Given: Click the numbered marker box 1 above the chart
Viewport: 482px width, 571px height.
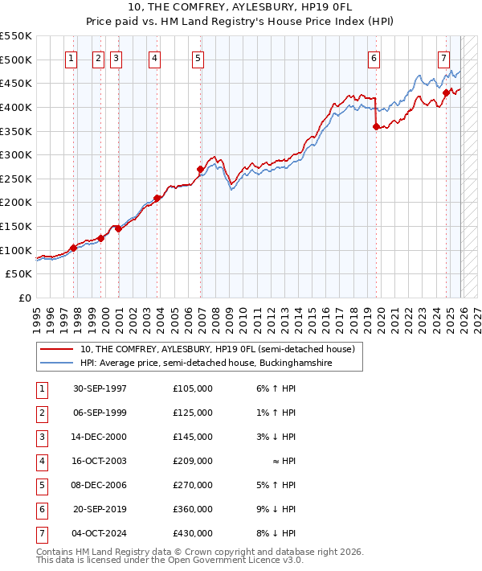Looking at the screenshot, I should coord(71,57).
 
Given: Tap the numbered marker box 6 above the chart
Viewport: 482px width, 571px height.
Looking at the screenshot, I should coord(374,57).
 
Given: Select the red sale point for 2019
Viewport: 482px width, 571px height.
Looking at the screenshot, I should coord(376,126).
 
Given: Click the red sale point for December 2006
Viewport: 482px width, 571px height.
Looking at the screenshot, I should coord(200,169).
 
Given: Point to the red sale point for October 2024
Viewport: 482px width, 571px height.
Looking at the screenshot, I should coord(446,92).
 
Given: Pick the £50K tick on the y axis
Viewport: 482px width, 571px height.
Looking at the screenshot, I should coord(19,274).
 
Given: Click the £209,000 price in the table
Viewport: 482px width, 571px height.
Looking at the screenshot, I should coord(192,462).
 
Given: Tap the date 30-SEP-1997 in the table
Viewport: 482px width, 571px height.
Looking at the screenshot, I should coord(100,388).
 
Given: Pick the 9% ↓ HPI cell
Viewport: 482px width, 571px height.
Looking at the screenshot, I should coord(277,510).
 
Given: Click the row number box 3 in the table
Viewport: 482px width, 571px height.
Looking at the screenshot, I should coord(41,437).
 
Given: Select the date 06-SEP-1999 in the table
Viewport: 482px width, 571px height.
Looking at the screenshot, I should coord(100,413).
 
